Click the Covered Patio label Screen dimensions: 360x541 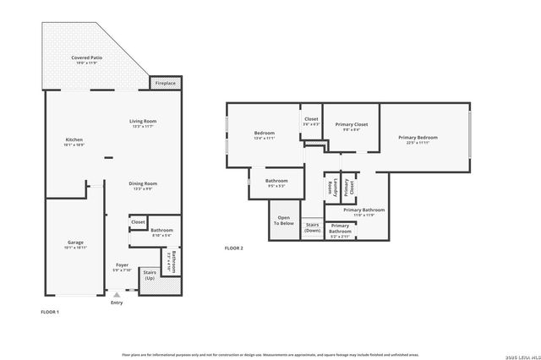86,60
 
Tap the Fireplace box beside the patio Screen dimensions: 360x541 165,84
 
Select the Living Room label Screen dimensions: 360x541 143,123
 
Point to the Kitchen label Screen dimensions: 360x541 74,142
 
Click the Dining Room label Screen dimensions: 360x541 143,186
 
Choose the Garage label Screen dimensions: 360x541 75,245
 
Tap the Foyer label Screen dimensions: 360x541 123,267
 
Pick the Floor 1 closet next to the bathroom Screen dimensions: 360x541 138,224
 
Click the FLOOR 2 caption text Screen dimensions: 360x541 233,248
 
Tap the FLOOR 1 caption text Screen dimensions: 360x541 50,313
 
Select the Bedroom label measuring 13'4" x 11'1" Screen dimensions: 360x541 265,135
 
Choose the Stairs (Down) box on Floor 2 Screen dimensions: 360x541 312,228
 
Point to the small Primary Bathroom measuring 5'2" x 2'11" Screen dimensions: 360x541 341,228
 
